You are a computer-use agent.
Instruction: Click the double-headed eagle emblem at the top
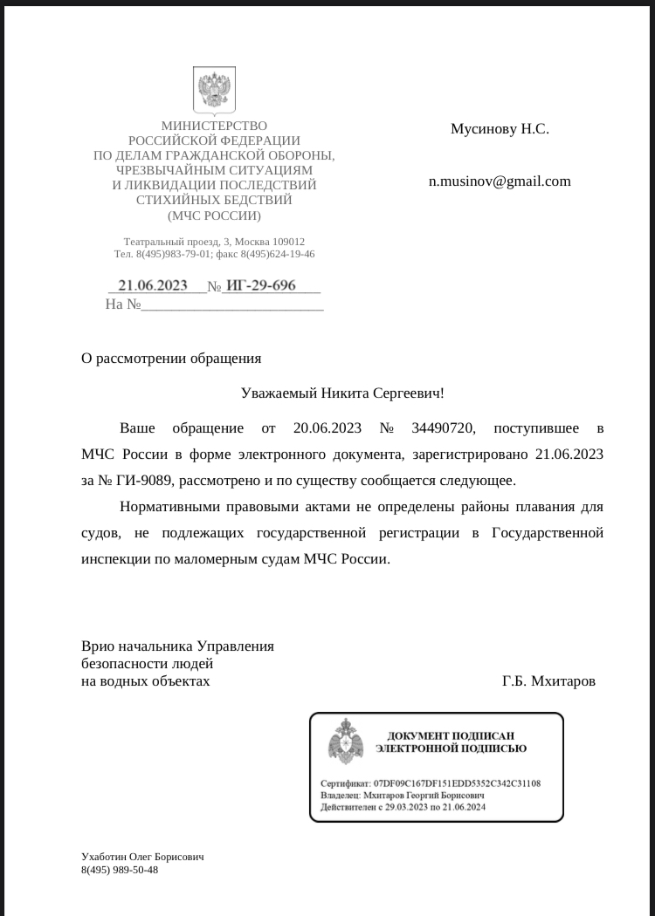pyautogui.click(x=214, y=91)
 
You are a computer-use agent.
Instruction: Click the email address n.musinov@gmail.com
pyautogui.click(x=500, y=181)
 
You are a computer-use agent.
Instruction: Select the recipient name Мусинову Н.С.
pyautogui.click(x=500, y=129)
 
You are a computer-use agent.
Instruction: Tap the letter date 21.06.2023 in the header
pyautogui.click(x=153, y=285)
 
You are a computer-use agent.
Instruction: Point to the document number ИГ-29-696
pyautogui.click(x=261, y=285)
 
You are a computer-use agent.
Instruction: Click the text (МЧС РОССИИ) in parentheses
pyautogui.click(x=214, y=215)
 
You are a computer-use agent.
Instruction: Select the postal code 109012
pyautogui.click(x=286, y=241)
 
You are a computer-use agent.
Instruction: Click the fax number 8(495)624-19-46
pyautogui.click(x=278, y=254)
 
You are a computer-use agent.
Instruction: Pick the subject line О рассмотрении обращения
pyautogui.click(x=171, y=358)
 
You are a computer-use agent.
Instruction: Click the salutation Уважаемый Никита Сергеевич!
pyautogui.click(x=342, y=393)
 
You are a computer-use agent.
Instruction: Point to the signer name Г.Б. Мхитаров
pyautogui.click(x=548, y=681)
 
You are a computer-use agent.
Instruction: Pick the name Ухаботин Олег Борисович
pyautogui.click(x=142, y=857)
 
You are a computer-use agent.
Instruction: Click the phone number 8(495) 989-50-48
pyautogui.click(x=120, y=870)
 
